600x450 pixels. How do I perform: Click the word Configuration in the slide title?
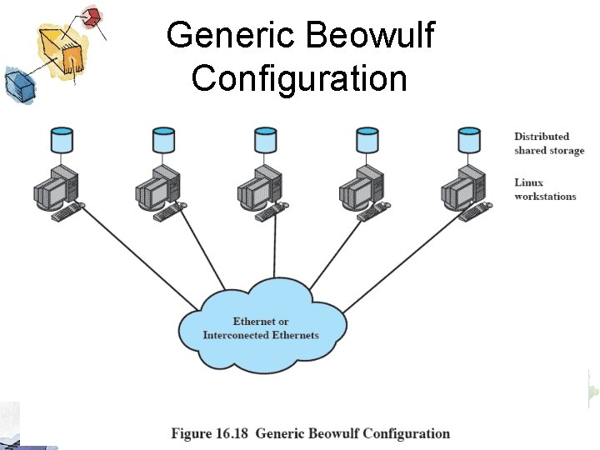point(299,78)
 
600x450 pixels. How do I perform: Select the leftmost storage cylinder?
point(61,140)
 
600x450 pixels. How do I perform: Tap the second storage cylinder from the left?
point(163,140)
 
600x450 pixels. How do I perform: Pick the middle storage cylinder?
point(265,140)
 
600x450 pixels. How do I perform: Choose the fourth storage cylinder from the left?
point(367,140)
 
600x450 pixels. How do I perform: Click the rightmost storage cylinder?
point(469,140)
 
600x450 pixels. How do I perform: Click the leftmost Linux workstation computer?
point(55,190)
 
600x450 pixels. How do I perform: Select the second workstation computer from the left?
point(157,190)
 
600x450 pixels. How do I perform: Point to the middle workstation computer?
point(258,190)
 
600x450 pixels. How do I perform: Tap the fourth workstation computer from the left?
point(360,190)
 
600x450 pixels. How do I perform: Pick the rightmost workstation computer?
point(462,190)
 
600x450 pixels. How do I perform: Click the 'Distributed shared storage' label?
point(548,143)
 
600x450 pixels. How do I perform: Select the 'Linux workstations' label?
point(545,189)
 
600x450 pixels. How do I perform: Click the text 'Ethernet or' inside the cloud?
point(261,322)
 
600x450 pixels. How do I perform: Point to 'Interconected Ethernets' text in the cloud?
point(261,335)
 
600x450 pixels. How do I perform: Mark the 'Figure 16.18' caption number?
point(211,433)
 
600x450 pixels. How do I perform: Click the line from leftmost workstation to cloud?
point(142,258)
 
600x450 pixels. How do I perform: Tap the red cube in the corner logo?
point(93,16)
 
